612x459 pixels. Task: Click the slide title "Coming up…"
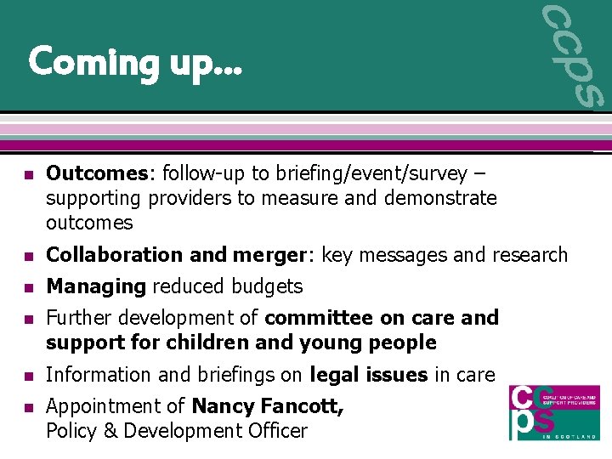[x=135, y=62]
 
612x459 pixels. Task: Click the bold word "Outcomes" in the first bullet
[x=97, y=174]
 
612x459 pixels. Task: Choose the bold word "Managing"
[x=96, y=287]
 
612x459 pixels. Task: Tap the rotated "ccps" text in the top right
[x=571, y=55]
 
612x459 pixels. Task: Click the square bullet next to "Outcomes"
[x=27, y=175]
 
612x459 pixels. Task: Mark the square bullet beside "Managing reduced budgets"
[x=27, y=287]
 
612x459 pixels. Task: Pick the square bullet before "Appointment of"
[x=27, y=408]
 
